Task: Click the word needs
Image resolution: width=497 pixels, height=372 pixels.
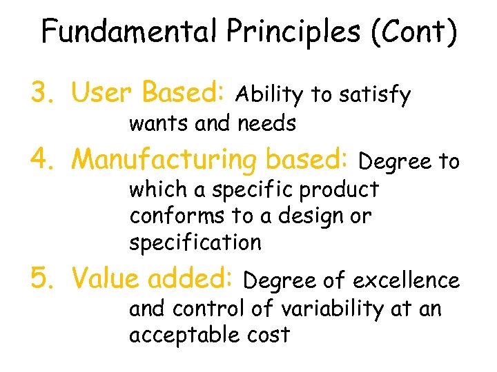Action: pos(266,124)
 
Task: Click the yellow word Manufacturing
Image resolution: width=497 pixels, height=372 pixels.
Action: pos(164,160)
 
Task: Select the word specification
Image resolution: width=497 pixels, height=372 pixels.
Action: pos(195,243)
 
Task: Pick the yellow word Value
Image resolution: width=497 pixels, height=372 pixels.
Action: pos(104,278)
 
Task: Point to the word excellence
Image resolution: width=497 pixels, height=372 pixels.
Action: pos(406,281)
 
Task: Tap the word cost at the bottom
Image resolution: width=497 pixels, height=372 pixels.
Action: pos(266,335)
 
